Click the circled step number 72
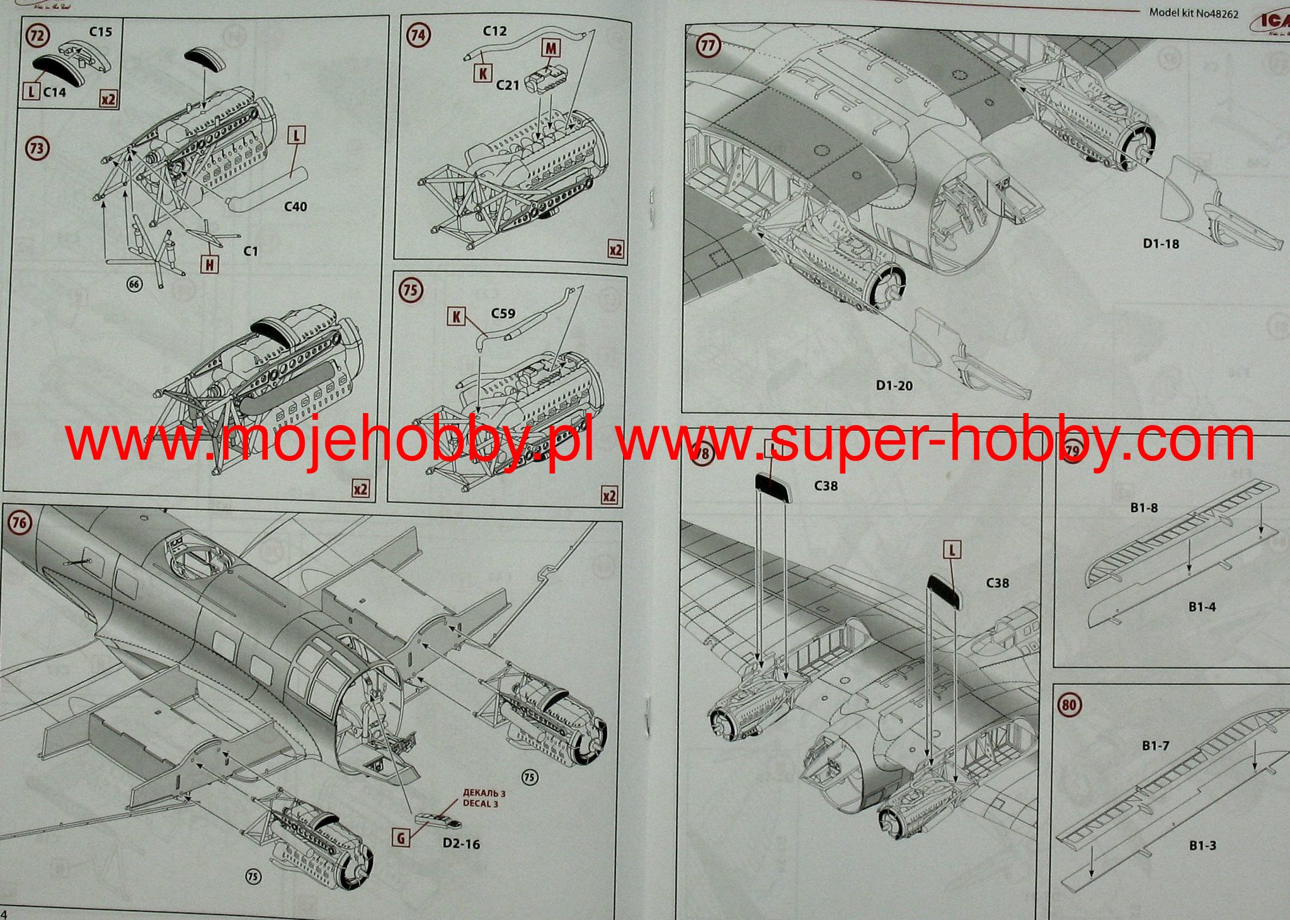pyautogui.click(x=37, y=35)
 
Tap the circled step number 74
pyautogui.click(x=418, y=35)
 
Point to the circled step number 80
pyautogui.click(x=1068, y=705)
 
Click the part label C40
pyautogui.click(x=295, y=207)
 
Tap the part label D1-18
pyautogui.click(x=1160, y=243)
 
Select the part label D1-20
pyautogui.click(x=894, y=385)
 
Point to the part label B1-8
pyautogui.click(x=1143, y=507)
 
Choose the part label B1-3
pyautogui.click(x=1202, y=845)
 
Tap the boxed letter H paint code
pyautogui.click(x=210, y=264)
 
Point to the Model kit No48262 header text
pyautogui.click(x=1184, y=12)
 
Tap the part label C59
pyautogui.click(x=503, y=313)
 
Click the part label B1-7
pyautogui.click(x=1155, y=746)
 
